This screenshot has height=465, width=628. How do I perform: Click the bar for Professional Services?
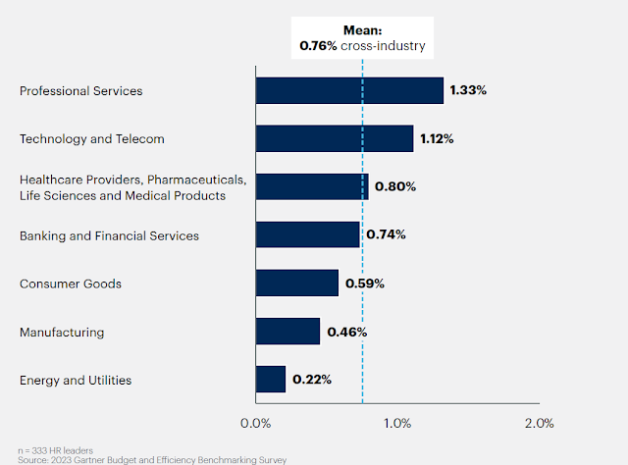pyautogui.click(x=349, y=90)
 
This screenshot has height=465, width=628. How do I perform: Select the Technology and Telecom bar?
pyautogui.click(x=335, y=138)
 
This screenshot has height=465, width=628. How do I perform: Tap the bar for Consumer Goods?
pyautogui.click(x=296, y=284)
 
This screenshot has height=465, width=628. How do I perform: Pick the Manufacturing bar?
pyautogui.click(x=288, y=332)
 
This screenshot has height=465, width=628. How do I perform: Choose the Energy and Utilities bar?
pyautogui.click(x=271, y=379)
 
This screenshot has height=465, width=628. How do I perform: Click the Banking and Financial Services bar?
pyautogui.click(x=307, y=234)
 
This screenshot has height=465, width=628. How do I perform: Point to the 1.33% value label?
pyautogui.click(x=468, y=90)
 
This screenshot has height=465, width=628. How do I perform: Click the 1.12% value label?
pyautogui.click(x=437, y=138)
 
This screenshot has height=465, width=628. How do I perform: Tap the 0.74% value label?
pyautogui.click(x=386, y=234)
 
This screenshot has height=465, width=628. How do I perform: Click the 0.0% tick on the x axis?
pyautogui.click(x=256, y=424)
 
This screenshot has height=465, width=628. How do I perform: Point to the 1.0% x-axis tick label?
pyautogui.click(x=397, y=424)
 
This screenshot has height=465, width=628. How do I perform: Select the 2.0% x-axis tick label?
pyautogui.click(x=539, y=424)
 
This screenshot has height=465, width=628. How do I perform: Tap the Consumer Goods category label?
pyautogui.click(x=71, y=284)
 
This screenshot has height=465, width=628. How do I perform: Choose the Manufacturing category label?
pyautogui.click(x=62, y=332)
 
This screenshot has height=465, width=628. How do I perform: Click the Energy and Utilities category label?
pyautogui.click(x=76, y=380)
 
